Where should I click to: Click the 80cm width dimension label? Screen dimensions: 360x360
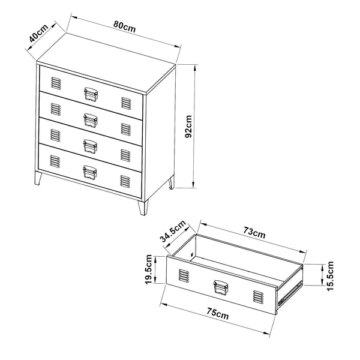124,27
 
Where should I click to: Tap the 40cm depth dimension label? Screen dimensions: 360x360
39,34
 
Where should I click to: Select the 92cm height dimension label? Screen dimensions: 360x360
189,127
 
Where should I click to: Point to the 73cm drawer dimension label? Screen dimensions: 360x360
254,232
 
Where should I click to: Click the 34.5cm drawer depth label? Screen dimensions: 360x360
173,231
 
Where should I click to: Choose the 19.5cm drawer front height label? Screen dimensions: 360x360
149,269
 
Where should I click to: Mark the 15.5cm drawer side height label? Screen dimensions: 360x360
329,276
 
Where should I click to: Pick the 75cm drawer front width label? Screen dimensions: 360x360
218,314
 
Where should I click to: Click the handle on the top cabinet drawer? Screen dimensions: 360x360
91,94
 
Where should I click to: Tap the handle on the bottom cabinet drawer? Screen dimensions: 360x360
90,172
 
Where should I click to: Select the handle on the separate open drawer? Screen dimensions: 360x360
221,287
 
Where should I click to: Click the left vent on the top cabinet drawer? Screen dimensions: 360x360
56,83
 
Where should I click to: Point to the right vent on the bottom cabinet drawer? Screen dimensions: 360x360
125,181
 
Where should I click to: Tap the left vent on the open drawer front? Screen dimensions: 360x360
184,275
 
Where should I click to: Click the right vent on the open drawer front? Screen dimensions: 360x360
258,296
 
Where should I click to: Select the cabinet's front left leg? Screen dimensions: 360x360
38,179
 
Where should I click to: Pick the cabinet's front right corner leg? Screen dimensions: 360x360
143,208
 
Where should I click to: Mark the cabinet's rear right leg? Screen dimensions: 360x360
171,182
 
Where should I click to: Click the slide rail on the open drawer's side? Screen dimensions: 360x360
290,293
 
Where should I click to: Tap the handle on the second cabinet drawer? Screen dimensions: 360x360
91,120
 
